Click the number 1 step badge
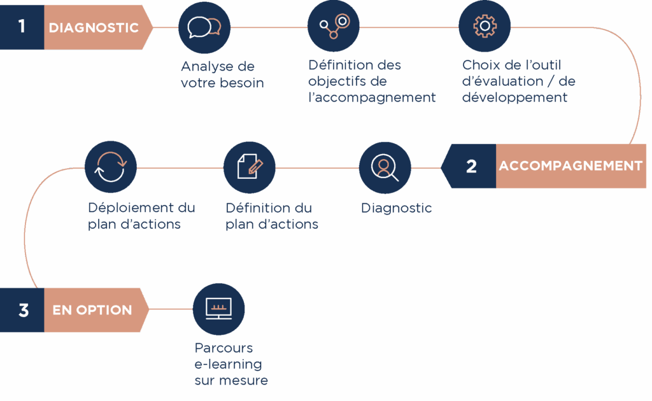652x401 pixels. tap(22, 27)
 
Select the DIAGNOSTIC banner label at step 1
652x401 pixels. tap(94, 28)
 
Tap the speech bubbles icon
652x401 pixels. tap(204, 27)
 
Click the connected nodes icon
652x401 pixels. tap(334, 27)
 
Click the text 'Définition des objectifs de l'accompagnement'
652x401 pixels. tap(371, 81)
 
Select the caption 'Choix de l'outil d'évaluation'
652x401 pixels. tap(518, 81)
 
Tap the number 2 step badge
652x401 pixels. tap(471, 166)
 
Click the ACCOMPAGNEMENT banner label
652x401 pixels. tap(570, 166)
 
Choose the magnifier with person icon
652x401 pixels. tap(385, 167)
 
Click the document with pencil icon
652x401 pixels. tap(250, 167)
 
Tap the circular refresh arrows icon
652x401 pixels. tap(110, 167)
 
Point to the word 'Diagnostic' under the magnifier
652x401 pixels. tap(396, 208)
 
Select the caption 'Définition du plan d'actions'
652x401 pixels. tap(272, 216)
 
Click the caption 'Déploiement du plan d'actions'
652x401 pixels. tap(141, 216)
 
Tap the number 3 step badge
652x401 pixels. tap(24, 311)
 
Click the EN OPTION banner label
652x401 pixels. tap(92, 311)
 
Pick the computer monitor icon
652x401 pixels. tap(218, 309)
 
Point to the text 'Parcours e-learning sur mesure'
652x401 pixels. tap(230, 365)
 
